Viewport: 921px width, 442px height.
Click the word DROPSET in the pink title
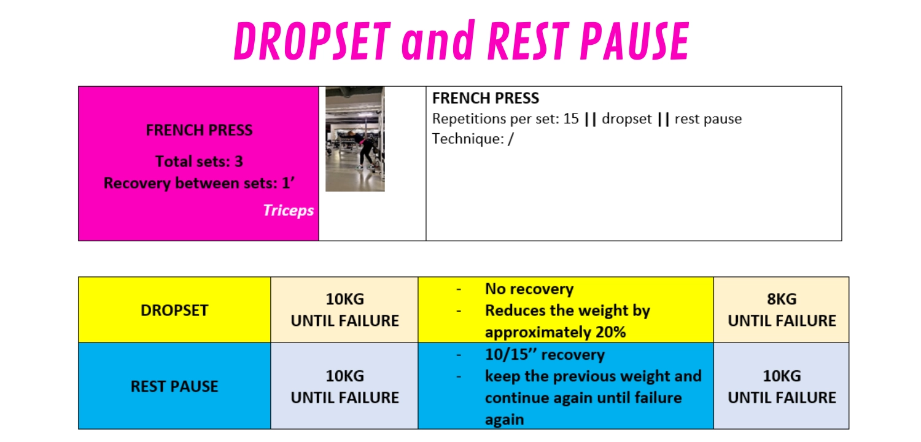click(312, 41)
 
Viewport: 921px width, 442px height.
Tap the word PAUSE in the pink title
click(635, 41)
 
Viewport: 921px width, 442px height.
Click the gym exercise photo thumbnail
click(356, 139)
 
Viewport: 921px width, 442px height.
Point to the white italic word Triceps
click(288, 211)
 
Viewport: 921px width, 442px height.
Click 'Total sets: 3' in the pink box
click(199, 161)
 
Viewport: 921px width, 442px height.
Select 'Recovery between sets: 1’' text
click(199, 183)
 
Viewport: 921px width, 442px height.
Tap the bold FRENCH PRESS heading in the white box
click(485, 98)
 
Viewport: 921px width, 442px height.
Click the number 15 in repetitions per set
click(570, 118)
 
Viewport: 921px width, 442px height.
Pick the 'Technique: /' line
click(472, 139)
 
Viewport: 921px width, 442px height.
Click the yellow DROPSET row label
click(174, 311)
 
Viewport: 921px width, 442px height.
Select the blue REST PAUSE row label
click(174, 387)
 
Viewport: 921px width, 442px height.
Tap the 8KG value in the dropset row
click(782, 299)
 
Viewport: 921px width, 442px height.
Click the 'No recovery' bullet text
click(529, 289)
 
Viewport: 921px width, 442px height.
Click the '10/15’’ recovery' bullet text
click(545, 354)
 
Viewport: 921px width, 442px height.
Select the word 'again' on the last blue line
click(505, 420)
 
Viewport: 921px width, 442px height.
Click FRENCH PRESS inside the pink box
click(199, 130)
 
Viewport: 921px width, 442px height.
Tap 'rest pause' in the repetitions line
click(708, 118)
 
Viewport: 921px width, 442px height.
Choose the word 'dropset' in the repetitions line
click(627, 118)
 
